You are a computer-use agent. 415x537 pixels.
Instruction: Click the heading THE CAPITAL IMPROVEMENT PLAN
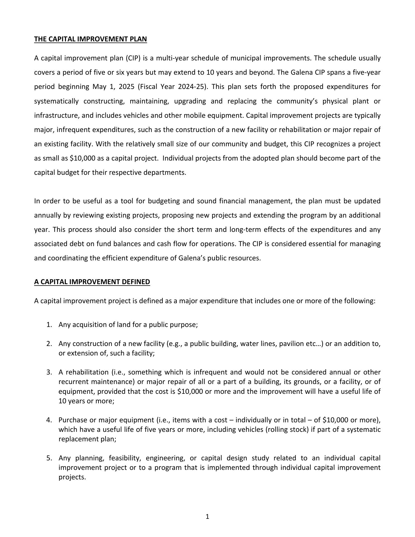(90, 39)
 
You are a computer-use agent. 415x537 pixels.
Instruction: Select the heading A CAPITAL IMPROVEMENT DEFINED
(92, 282)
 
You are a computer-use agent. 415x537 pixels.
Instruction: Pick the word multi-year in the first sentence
(169, 58)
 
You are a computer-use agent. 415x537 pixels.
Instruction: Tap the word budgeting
(163, 201)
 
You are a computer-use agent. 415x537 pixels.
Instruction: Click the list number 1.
(49, 325)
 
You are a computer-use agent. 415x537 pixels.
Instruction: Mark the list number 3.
(49, 372)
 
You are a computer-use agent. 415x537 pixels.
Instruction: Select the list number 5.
(49, 458)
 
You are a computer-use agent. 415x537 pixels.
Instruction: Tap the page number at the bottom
(207, 517)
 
